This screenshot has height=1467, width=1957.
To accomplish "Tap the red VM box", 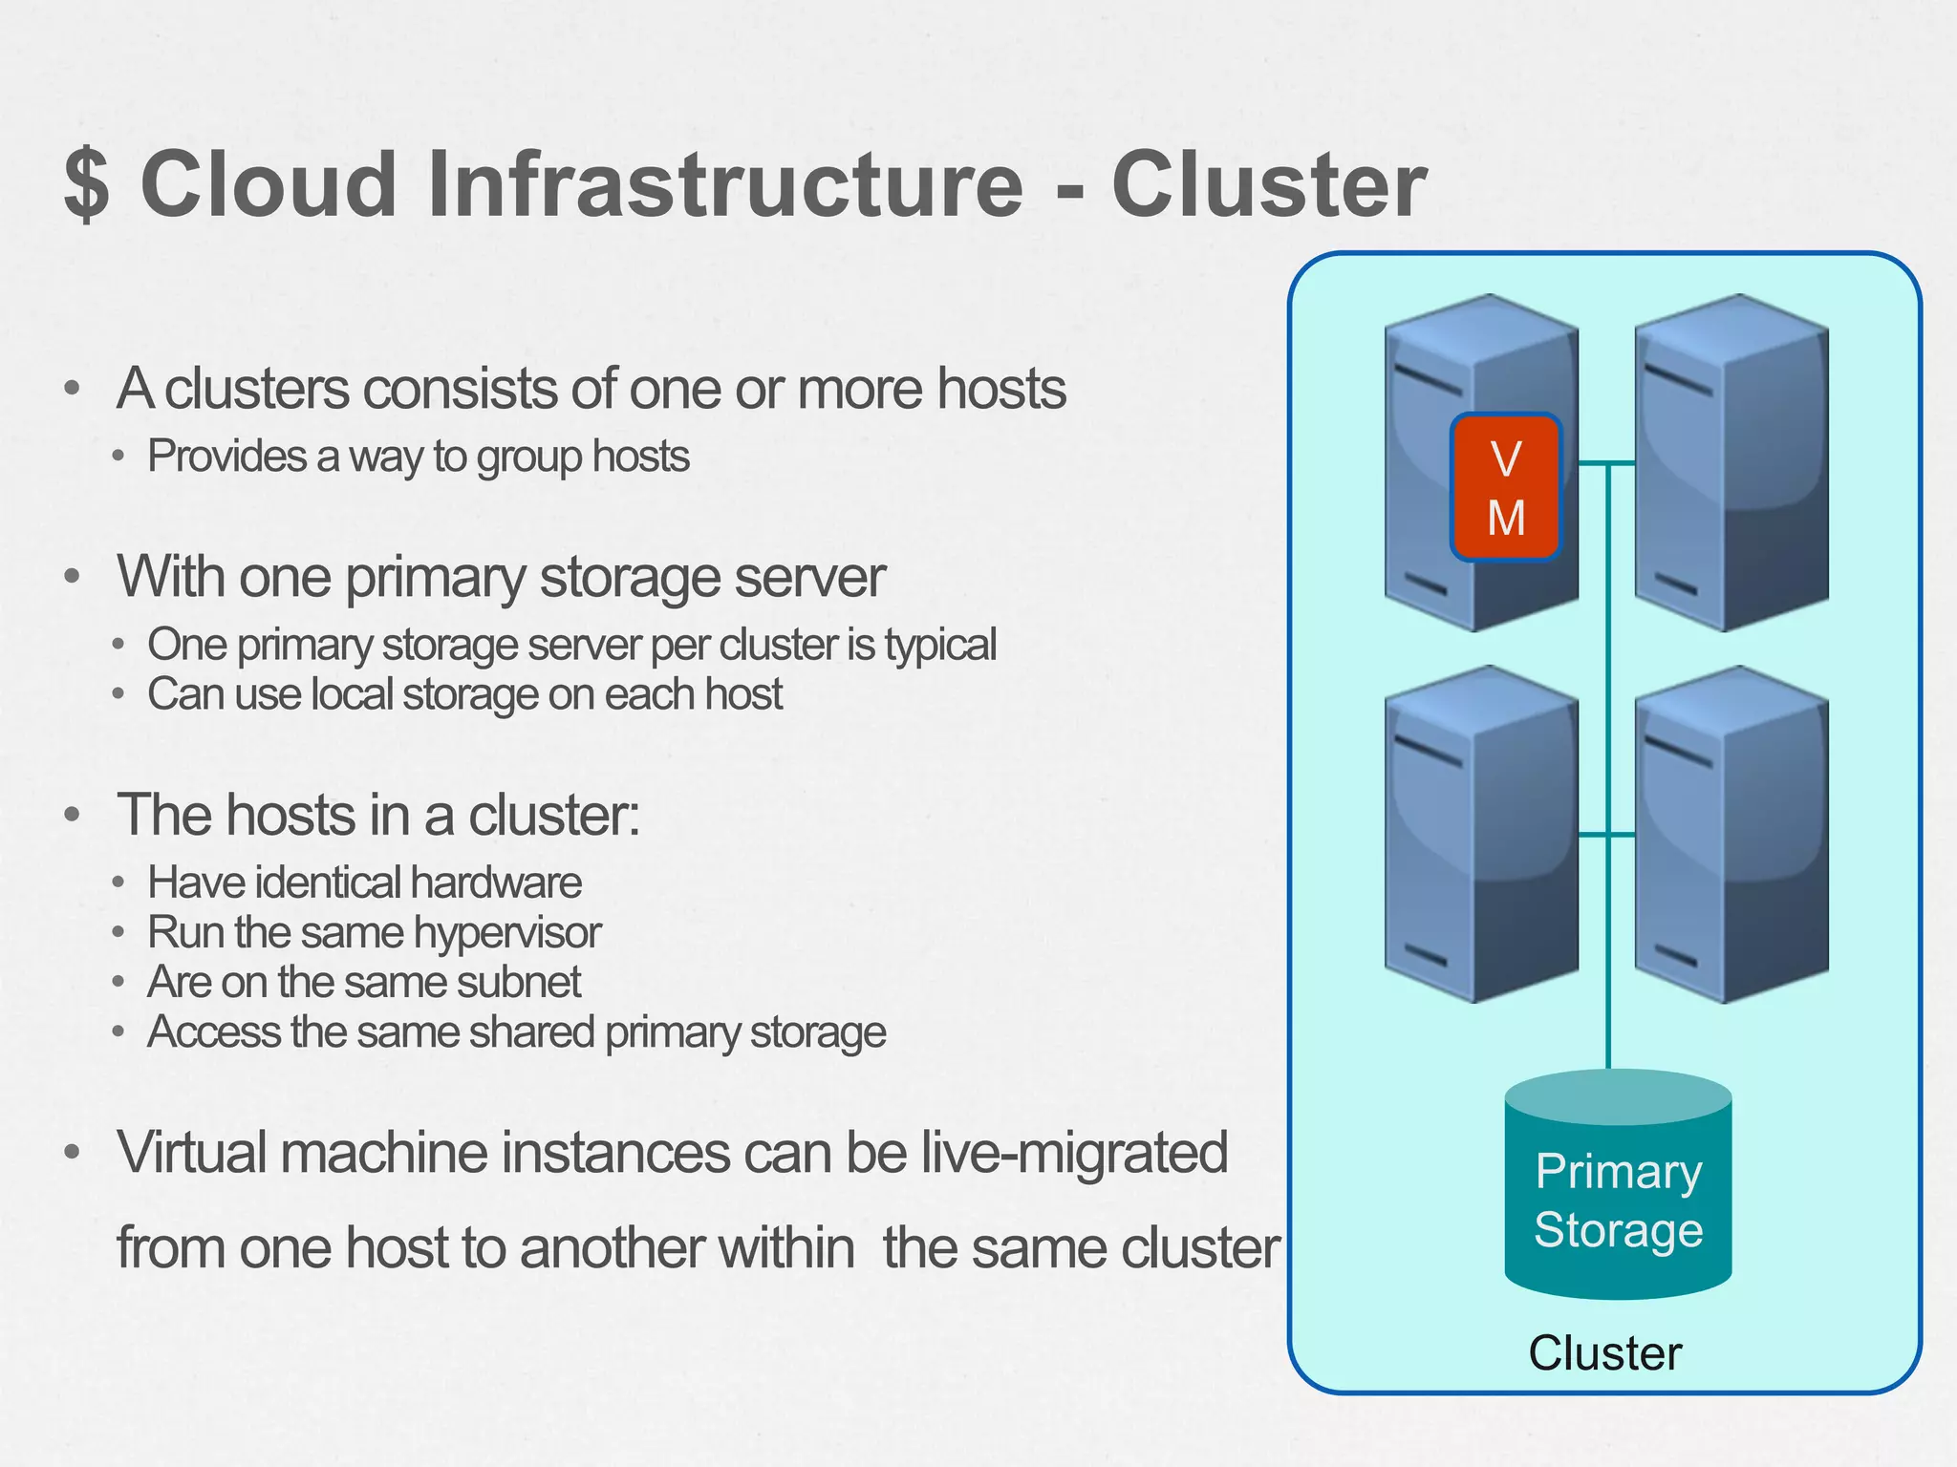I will tap(1505, 487).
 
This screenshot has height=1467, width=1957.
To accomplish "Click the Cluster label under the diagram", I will tap(1604, 1352).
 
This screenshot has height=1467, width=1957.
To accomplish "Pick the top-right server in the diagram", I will tap(1731, 463).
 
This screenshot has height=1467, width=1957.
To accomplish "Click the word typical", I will tap(940, 645).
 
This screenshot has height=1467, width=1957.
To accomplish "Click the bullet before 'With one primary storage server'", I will tap(72, 577).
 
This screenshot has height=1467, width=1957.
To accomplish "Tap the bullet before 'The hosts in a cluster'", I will tap(72, 815).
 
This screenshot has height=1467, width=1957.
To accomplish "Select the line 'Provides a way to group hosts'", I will tap(418, 457).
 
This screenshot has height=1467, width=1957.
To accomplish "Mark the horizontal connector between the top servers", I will tap(1606, 463).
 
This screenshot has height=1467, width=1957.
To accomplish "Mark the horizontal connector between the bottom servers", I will tap(1606, 834).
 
